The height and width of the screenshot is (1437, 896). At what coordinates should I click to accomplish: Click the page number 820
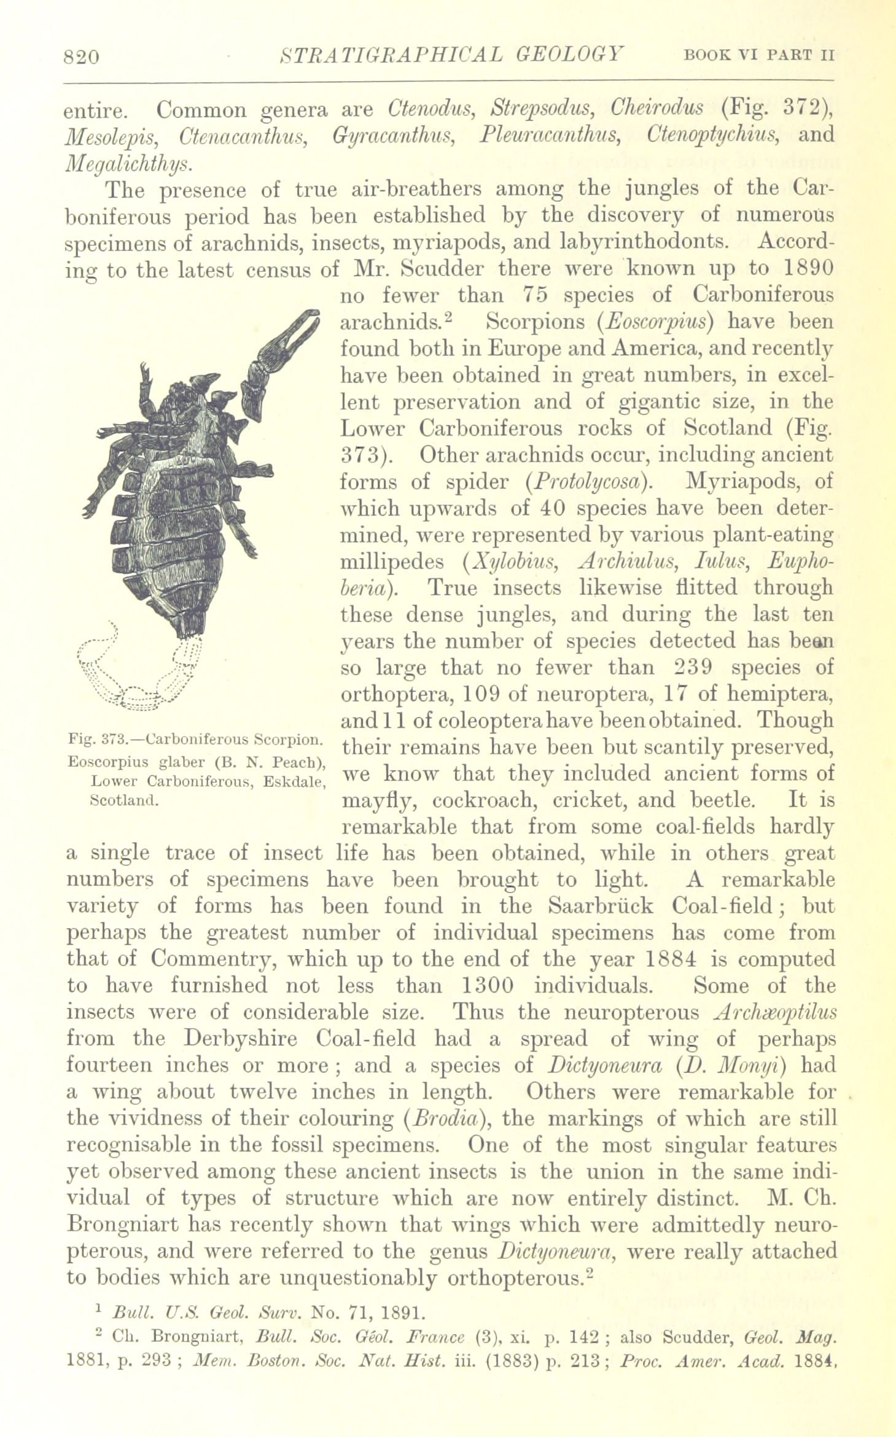(x=81, y=57)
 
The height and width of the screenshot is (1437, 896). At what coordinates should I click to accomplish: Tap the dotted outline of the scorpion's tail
(x=141, y=681)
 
